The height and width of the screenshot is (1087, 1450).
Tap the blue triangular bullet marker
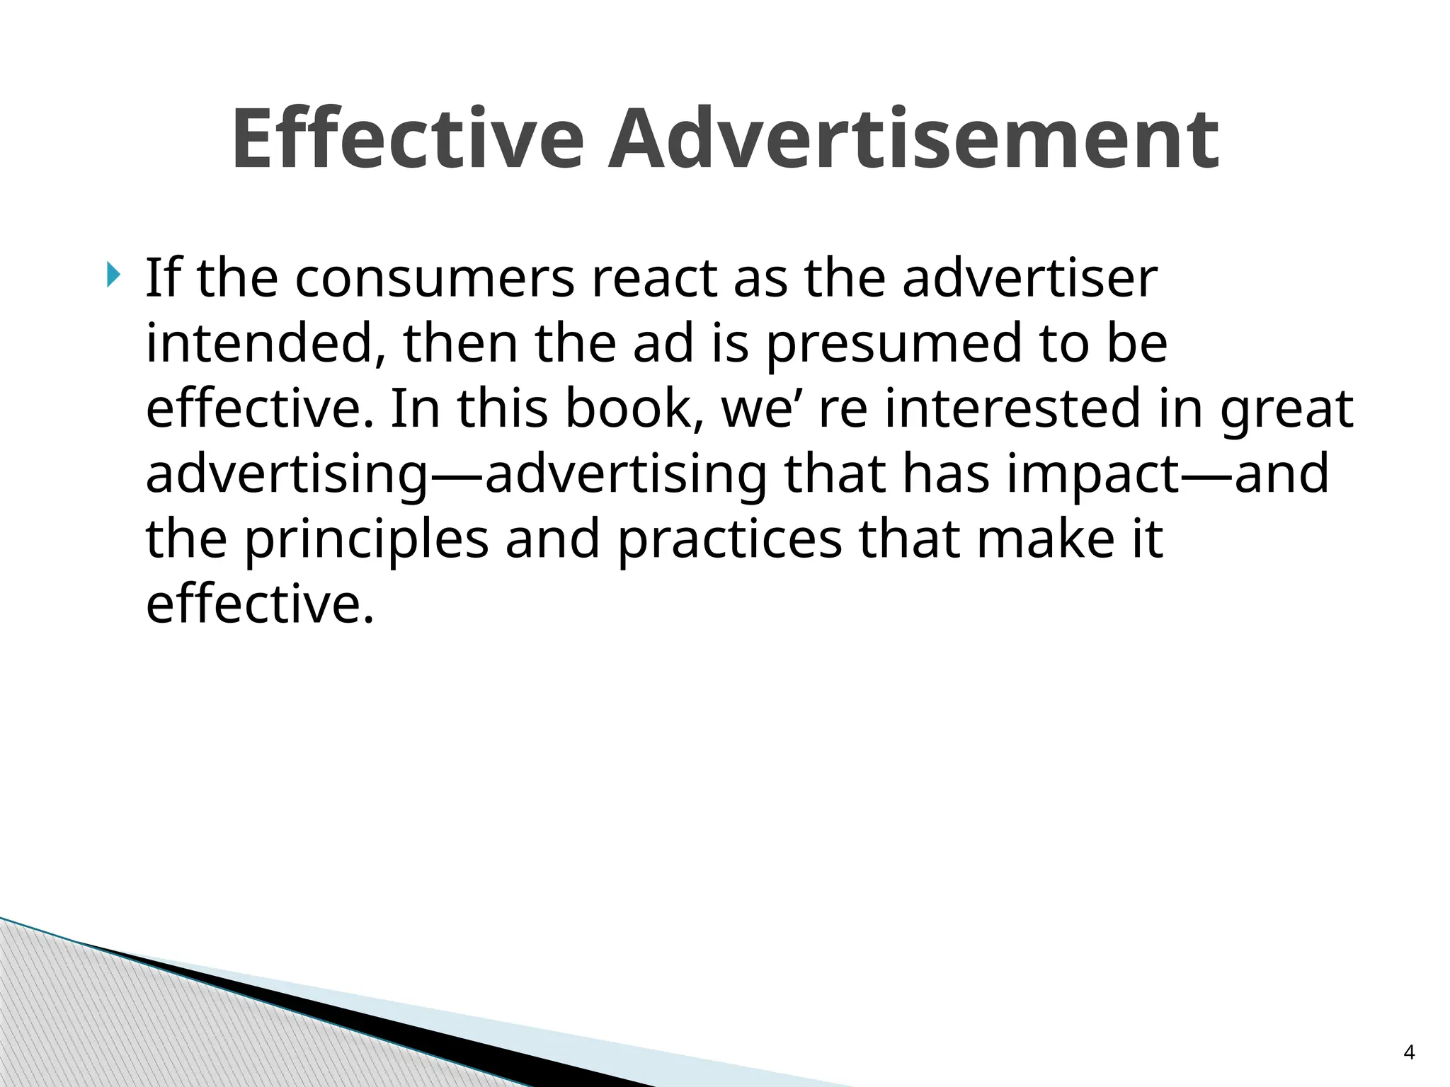click(x=114, y=275)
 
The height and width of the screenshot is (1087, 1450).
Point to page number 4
click(x=1409, y=1052)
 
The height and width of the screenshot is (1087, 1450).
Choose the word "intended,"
click(x=266, y=343)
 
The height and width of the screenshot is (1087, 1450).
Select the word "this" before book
click(x=503, y=408)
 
